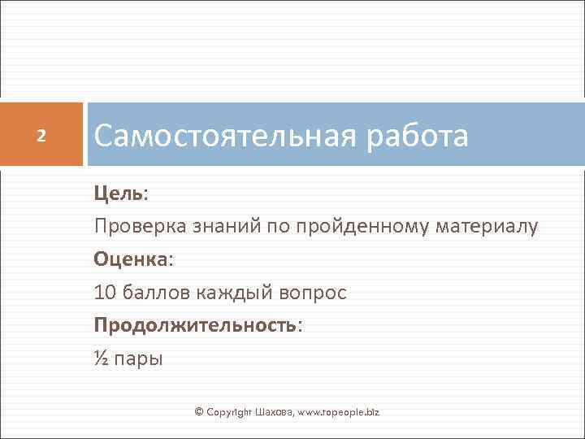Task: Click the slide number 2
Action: point(43,134)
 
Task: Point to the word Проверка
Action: point(140,227)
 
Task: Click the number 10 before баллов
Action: point(106,292)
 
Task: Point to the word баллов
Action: point(154,292)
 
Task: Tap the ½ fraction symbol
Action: point(102,358)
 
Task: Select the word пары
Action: point(139,359)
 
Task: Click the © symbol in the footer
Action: point(199,413)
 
